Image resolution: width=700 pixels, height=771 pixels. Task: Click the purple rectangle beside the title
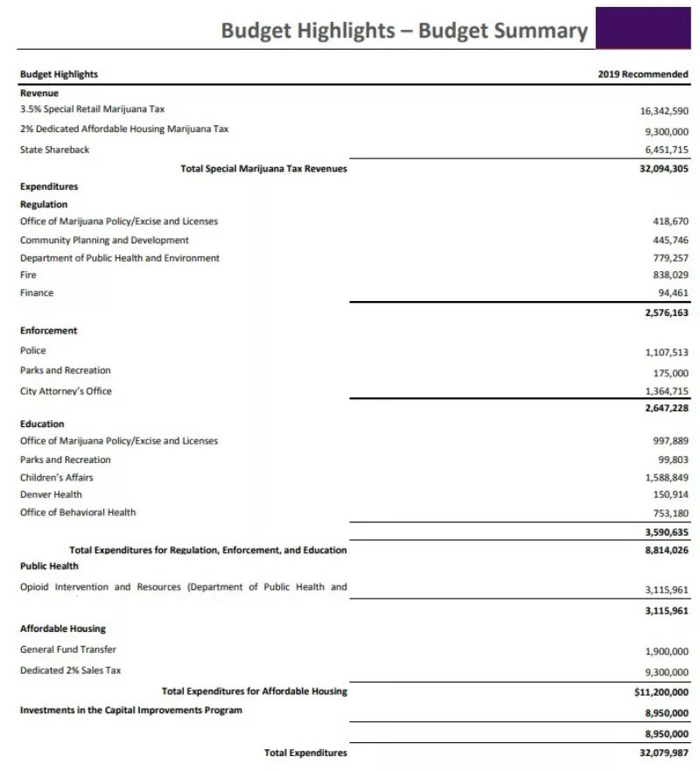click(646, 27)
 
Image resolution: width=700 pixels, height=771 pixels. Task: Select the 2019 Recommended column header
click(643, 74)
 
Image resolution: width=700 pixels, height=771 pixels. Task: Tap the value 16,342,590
click(664, 111)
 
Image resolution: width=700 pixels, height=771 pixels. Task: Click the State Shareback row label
click(54, 150)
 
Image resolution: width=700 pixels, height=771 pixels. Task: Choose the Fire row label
click(28, 275)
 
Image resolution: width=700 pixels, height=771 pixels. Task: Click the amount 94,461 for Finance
click(673, 293)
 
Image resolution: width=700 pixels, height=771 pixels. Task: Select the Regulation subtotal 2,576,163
click(666, 312)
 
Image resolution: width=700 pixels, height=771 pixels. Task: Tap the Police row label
click(32, 350)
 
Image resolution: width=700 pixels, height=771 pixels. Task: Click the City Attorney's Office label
click(66, 391)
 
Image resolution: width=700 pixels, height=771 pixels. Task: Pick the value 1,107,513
click(666, 353)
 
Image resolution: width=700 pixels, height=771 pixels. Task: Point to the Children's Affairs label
click(56, 477)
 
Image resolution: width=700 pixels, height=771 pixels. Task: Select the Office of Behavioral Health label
click(78, 512)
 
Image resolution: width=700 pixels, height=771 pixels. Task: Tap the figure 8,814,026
click(664, 550)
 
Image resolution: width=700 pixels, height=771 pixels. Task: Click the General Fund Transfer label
click(67, 649)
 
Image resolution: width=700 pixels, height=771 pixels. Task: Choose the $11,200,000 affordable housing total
click(661, 691)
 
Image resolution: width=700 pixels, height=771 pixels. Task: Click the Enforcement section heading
click(48, 331)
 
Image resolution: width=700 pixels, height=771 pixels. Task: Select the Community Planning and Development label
click(104, 240)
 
